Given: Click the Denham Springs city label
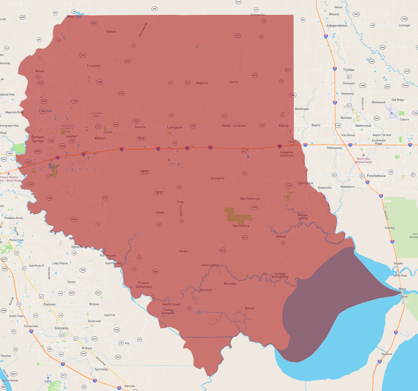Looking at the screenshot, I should tap(38, 139).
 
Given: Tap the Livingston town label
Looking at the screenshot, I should tap(175, 127).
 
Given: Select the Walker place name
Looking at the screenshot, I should tap(100, 138).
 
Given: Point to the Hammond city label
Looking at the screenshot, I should tap(363, 126).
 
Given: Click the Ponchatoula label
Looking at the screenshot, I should tap(376, 176).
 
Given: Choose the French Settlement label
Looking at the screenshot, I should tap(144, 285).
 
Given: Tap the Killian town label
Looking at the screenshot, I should tap(281, 236).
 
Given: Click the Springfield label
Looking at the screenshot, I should tap(305, 183).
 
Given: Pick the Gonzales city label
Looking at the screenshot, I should tap(62, 328).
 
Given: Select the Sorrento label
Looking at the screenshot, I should tap(101, 369).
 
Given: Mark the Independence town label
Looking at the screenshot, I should tap(337, 26).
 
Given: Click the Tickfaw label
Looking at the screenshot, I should tap(349, 70).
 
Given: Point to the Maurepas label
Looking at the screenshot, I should tap(230, 283).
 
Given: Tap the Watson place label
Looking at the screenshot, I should tap(40, 71).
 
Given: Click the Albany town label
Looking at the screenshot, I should tap(283, 126).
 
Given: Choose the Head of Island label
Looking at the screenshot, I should tap(171, 304).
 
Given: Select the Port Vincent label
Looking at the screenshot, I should tap(108, 255).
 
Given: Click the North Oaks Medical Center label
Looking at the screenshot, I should tap(364, 160).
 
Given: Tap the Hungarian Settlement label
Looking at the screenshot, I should tap(287, 154).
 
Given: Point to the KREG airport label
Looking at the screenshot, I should tap(48, 381).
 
